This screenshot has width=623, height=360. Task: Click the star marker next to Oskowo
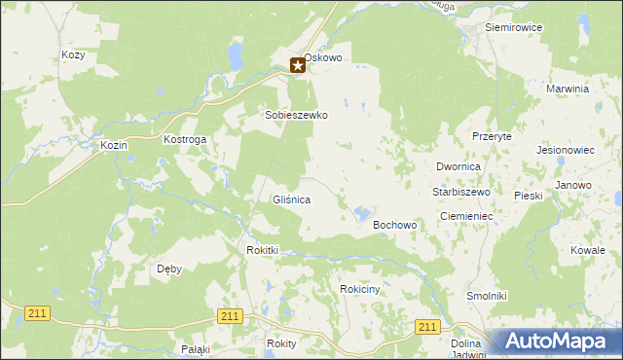pyautogui.click(x=298, y=66)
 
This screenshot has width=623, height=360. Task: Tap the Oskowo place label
pyautogui.click(x=323, y=58)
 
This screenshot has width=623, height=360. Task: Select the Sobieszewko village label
pyautogui.click(x=297, y=115)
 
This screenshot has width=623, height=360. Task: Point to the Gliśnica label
pyautogui.click(x=291, y=199)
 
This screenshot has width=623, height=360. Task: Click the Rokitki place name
pyautogui.click(x=263, y=250)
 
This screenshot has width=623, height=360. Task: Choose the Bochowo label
pyautogui.click(x=395, y=225)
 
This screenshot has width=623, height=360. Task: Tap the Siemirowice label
pyautogui.click(x=513, y=27)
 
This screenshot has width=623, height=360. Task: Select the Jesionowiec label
pyautogui.click(x=566, y=151)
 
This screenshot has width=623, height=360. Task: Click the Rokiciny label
pyautogui.click(x=359, y=289)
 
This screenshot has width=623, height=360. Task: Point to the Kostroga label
pyautogui.click(x=185, y=140)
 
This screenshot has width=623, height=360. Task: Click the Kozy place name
pyautogui.click(x=73, y=55)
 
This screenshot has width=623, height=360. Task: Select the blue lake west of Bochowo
pyautogui.click(x=361, y=212)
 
